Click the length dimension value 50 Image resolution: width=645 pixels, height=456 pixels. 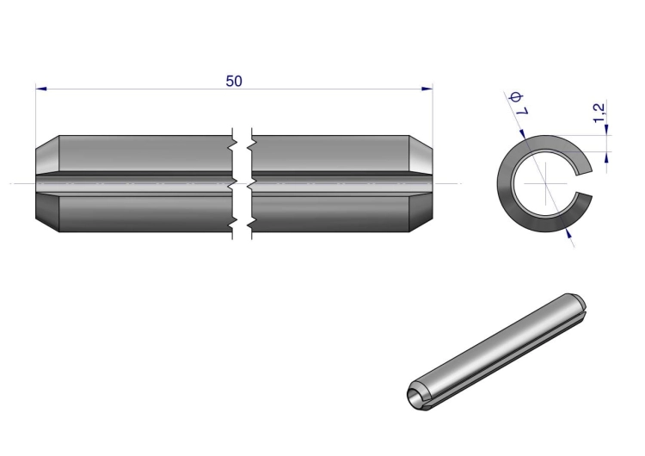tap(234, 81)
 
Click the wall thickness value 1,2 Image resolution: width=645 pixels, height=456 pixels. tap(599, 113)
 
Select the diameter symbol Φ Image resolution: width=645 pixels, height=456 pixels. tap(515, 98)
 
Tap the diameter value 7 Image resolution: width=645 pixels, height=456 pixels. tap(522, 110)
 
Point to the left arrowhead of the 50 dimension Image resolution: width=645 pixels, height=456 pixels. tap(41, 89)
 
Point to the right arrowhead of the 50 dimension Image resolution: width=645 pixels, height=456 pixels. tap(427, 89)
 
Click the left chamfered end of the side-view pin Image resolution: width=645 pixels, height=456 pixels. tap(47, 183)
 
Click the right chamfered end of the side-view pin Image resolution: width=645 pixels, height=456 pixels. tap(421, 183)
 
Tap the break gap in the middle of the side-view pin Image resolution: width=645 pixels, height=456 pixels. tap(243, 183)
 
